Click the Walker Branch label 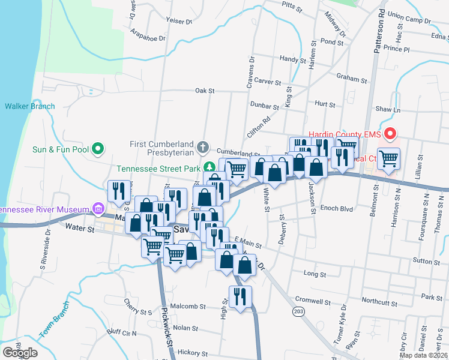click(30, 106)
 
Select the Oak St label click(205, 91)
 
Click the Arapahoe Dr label click(148, 38)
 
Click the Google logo click(20, 352)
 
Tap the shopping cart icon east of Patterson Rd click(389, 159)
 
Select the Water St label click(80, 227)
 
